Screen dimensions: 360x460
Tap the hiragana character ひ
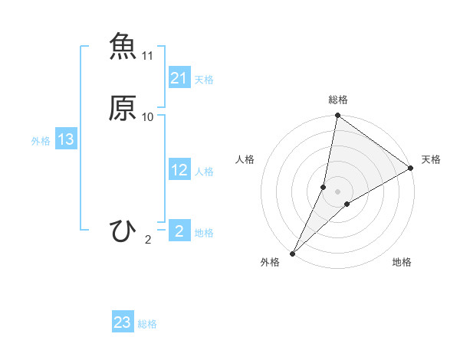(x=123, y=231)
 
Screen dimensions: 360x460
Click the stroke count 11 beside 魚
(x=148, y=56)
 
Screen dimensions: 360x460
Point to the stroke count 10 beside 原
(x=148, y=117)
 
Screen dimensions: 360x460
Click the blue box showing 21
(x=179, y=78)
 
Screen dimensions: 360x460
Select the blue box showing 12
(x=179, y=170)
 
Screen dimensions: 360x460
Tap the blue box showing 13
(x=65, y=139)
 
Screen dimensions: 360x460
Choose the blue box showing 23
(x=123, y=322)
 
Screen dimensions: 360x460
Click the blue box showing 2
(x=179, y=231)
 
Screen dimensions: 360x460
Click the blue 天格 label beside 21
(x=204, y=80)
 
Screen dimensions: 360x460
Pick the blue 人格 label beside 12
(x=204, y=172)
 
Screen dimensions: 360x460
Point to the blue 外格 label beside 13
(x=40, y=141)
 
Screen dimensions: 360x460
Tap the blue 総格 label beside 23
(x=147, y=324)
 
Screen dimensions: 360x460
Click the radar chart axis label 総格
(x=337, y=100)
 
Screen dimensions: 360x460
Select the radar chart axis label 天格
(x=431, y=159)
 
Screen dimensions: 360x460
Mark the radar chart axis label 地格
(x=402, y=263)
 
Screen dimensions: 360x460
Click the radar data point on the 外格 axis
(x=292, y=253)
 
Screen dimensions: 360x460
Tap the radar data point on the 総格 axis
(x=337, y=116)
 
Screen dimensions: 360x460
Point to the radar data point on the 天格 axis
(x=410, y=168)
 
